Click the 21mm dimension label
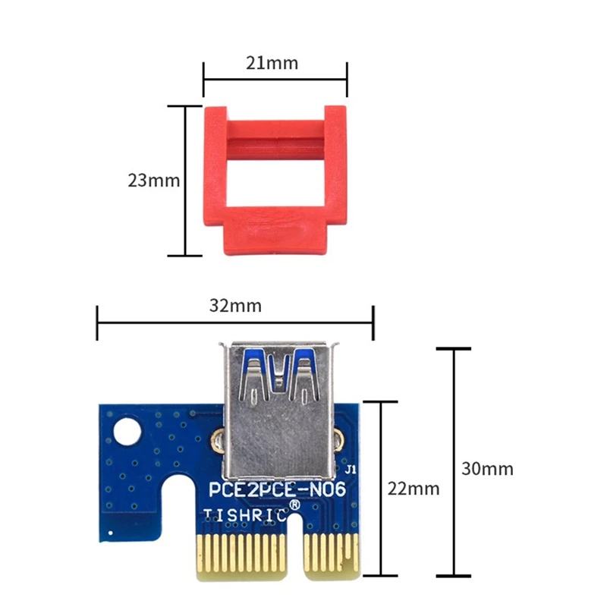pos(272,63)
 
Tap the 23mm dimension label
pos(153,181)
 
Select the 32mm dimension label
pos(235,306)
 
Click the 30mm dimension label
pos(487,468)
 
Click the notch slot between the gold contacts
pos(291,550)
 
